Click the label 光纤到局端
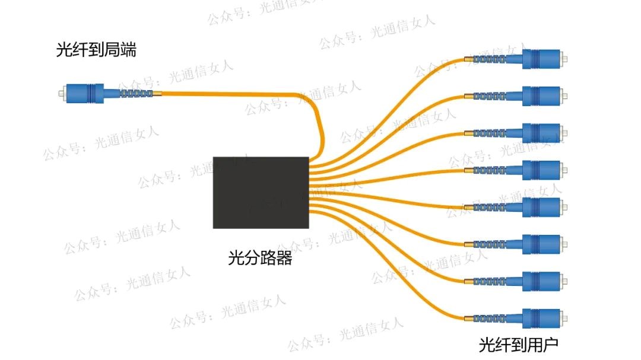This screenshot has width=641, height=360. [x=96, y=50]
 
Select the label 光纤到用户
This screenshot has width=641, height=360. [x=518, y=345]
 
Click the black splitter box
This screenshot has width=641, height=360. [x=261, y=192]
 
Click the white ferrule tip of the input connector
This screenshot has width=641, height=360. [x=62, y=93]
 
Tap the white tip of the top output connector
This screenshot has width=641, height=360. [x=564, y=59]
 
